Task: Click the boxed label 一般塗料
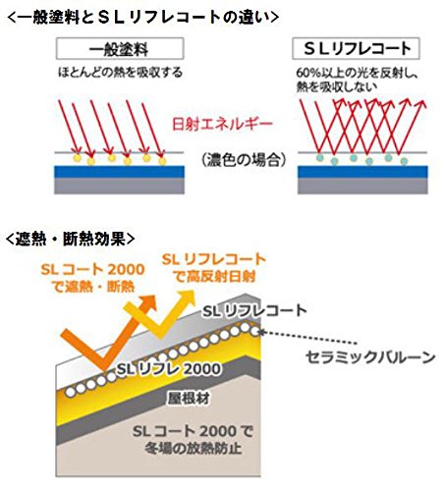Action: [120, 49]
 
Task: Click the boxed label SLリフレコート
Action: [356, 49]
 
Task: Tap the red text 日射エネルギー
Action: [222, 125]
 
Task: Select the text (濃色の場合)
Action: [244, 160]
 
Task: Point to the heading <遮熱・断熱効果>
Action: [71, 240]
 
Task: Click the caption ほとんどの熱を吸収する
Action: [120, 73]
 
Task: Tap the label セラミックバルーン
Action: [370, 356]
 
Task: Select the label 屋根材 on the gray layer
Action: [189, 398]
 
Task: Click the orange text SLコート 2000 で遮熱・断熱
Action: [93, 278]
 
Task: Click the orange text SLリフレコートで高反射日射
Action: [214, 268]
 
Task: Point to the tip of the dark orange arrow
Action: [155, 296]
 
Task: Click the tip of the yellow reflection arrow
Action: [194, 291]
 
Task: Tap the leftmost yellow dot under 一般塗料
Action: [77, 158]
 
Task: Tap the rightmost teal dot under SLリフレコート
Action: [404, 161]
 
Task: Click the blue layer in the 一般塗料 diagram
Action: [119, 172]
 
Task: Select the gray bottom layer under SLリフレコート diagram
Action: [362, 186]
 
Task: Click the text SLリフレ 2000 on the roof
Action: [169, 369]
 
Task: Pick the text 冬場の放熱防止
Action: [194, 448]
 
